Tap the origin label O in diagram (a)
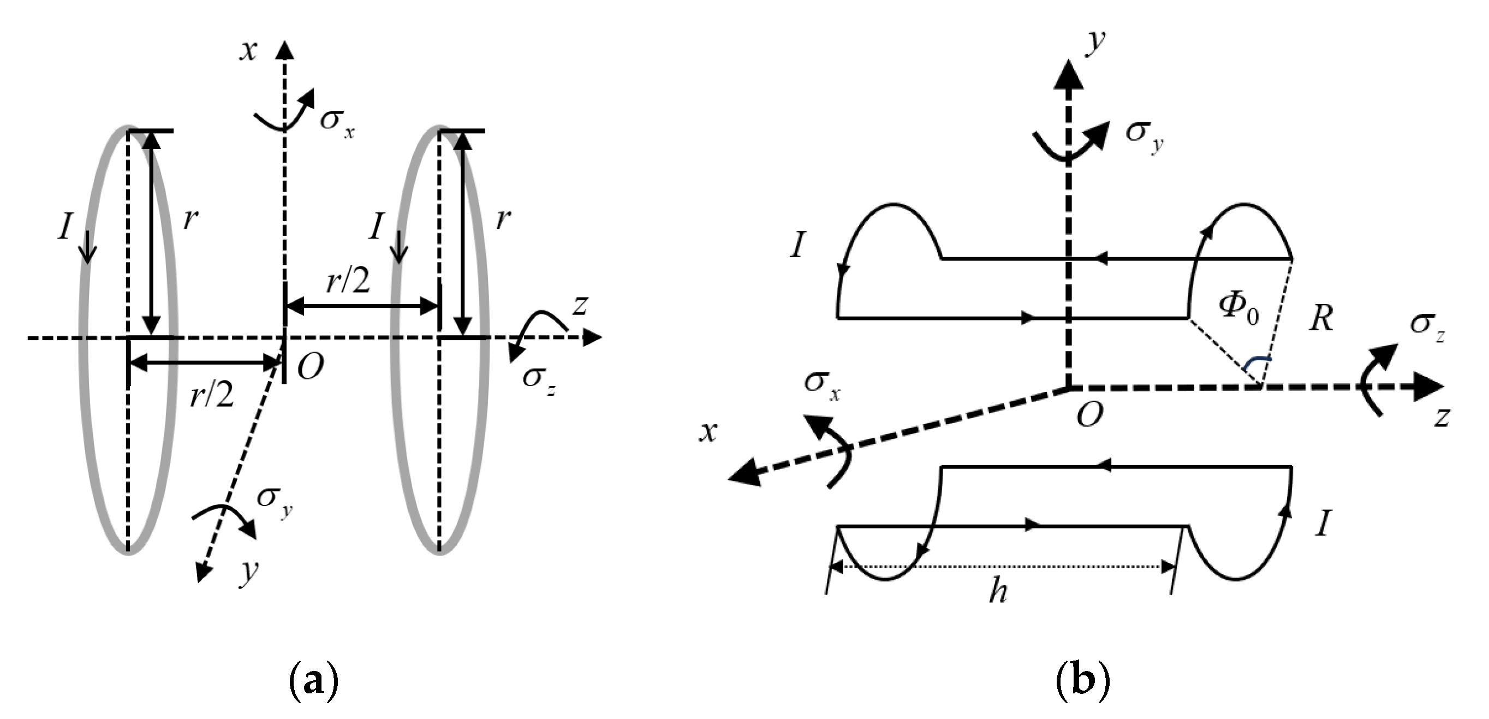[x=311, y=366]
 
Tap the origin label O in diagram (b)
[x=1089, y=414]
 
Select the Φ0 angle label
[x=1238, y=308]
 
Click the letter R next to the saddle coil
[x=1321, y=318]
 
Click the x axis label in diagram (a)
[x=248, y=50]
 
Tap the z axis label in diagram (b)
[x=1443, y=416]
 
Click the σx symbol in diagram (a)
[x=337, y=122]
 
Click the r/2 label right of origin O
[x=348, y=282]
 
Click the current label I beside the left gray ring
[x=65, y=226]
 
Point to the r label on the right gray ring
[x=503, y=218]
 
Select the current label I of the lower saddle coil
[x=1323, y=524]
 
